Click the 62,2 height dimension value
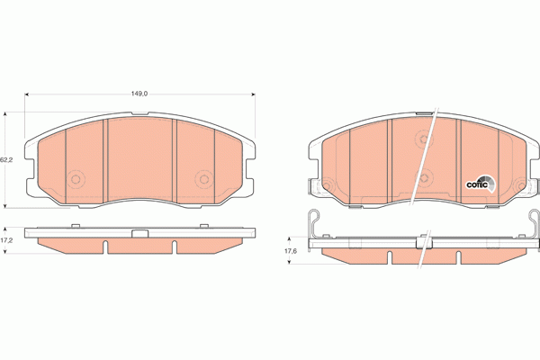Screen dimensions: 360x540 pos(6,159)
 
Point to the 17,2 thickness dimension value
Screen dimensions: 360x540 pos(6,241)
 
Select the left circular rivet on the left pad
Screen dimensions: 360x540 pos(75,178)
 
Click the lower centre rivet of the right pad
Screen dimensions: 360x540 pos(425,177)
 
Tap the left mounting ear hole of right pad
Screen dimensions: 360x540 pos(314,186)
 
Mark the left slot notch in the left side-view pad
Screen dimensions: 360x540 pos(105,246)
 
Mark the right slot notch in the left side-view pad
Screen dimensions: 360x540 pos(173,246)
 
